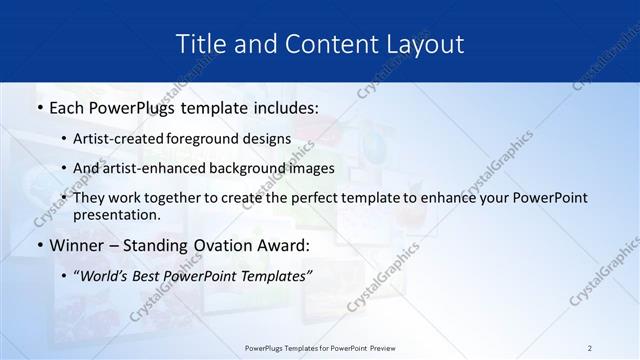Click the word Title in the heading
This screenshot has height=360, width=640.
200,44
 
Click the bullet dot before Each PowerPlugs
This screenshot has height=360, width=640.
39,106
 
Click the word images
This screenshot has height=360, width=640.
312,168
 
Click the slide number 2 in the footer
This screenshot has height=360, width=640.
589,348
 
